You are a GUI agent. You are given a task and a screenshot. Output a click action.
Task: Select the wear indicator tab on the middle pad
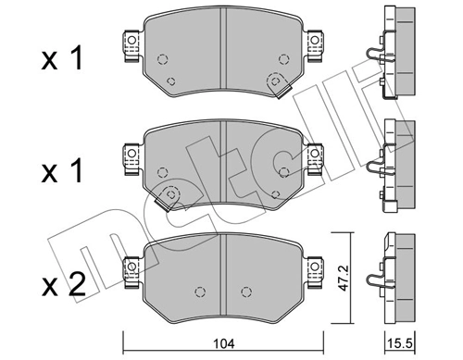pyautogui.click(x=167, y=196)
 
